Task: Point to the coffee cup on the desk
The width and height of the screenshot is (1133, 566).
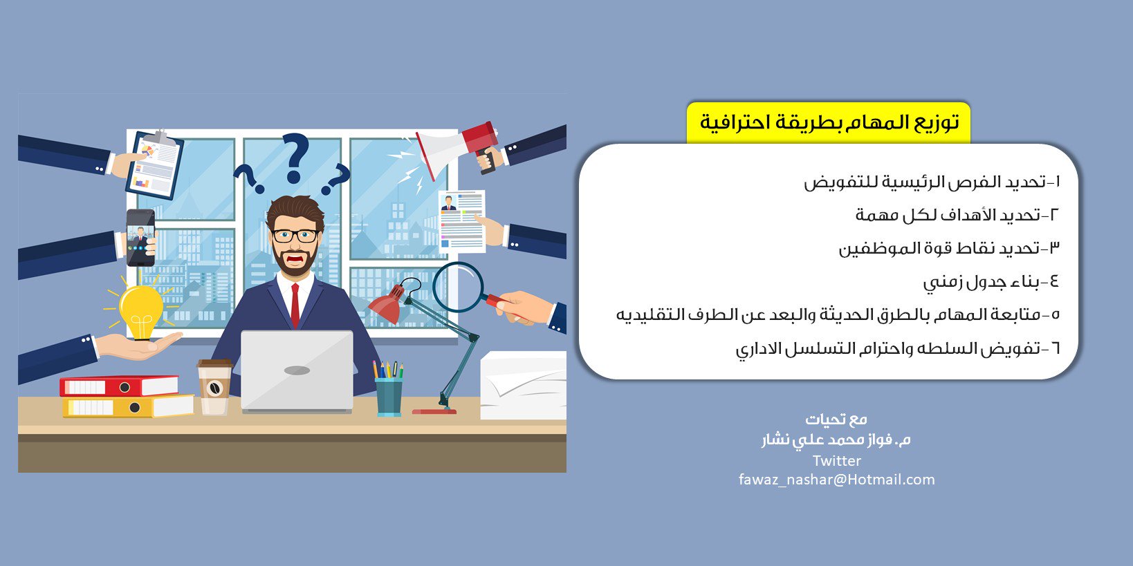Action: pyautogui.click(x=214, y=386)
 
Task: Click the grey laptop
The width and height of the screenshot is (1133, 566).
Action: pyautogui.click(x=297, y=371)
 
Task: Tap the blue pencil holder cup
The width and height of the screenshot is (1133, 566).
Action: pyautogui.click(x=389, y=397)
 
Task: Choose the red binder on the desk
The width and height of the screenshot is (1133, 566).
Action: pyautogui.click(x=119, y=386)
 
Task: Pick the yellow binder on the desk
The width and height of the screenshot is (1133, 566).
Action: pyautogui.click(x=128, y=406)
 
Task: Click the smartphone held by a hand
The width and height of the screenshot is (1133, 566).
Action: pyautogui.click(x=140, y=238)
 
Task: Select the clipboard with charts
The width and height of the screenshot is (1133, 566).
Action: pyautogui.click(x=154, y=164)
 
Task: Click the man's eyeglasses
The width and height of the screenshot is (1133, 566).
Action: pyautogui.click(x=295, y=236)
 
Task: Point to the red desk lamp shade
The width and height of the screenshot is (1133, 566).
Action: pyautogui.click(x=386, y=303)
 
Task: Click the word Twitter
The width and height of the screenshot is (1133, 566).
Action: pyautogui.click(x=836, y=461)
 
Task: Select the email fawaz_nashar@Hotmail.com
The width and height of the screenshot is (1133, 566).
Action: pyautogui.click(x=836, y=480)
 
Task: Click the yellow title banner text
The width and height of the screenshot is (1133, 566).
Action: pyautogui.click(x=829, y=122)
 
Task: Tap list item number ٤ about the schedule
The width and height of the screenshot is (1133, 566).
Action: pyautogui.click(x=991, y=281)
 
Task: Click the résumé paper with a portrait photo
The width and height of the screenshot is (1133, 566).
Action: pyautogui.click(x=462, y=221)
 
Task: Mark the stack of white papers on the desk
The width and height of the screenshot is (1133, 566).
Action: pyautogui.click(x=523, y=385)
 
